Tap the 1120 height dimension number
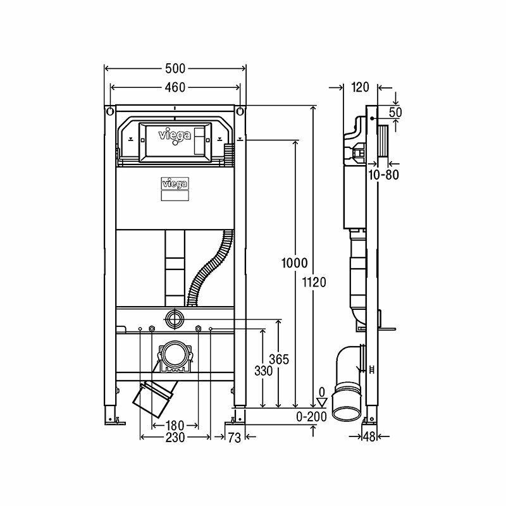pyautogui.click(x=314, y=283)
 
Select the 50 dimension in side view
pyautogui.click(x=395, y=113)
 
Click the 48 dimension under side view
pyautogui.click(x=369, y=436)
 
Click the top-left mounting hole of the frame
pyautogui.click(x=110, y=111)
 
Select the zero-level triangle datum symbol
pyautogui.click(x=323, y=400)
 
